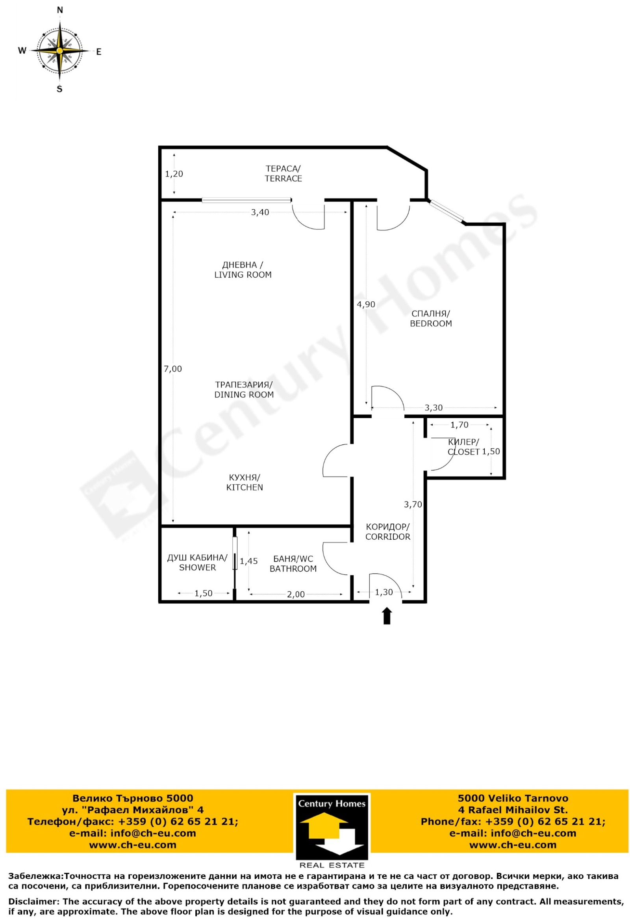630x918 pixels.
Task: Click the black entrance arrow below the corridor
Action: [387, 616]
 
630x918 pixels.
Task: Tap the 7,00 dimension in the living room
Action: [173, 369]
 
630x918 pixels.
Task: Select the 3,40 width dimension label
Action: [260, 212]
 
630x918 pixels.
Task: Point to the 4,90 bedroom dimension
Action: [366, 304]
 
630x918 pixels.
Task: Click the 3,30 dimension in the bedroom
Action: [434, 408]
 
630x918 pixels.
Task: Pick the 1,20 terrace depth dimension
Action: [174, 174]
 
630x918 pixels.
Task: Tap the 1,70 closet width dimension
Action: [460, 425]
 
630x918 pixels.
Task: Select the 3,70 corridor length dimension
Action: [413, 504]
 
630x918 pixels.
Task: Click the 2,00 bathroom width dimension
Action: [296, 595]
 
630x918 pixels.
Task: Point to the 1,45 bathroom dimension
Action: [249, 561]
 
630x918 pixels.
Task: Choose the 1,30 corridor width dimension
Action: [384, 592]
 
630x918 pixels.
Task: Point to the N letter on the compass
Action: [60, 10]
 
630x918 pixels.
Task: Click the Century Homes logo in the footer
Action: [332, 832]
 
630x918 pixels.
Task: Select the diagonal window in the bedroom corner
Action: [447, 212]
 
